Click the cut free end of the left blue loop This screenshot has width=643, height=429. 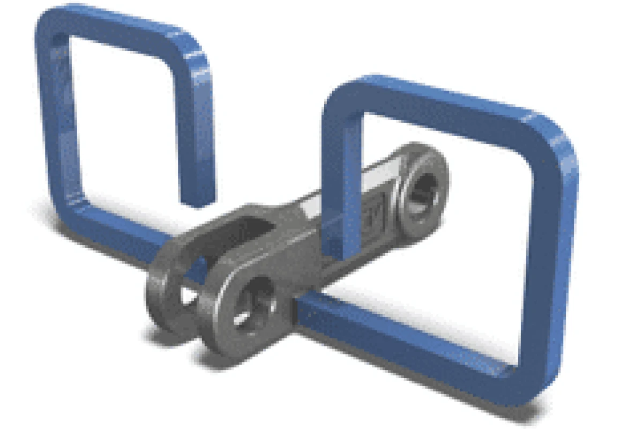tap(197, 199)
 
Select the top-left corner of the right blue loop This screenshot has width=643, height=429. tap(338, 97)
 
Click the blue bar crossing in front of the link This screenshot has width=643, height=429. tap(343, 204)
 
